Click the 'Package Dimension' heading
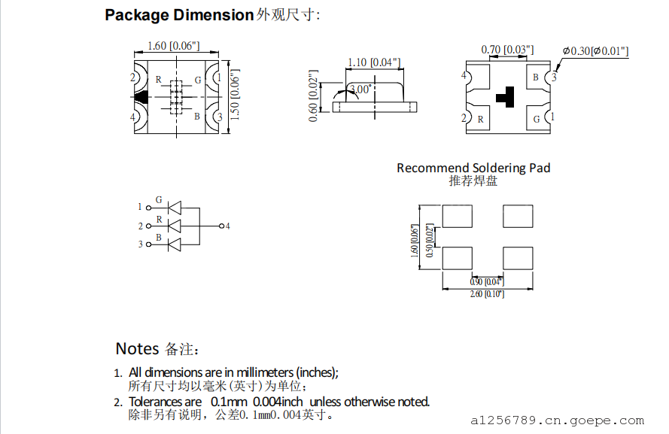(179, 15)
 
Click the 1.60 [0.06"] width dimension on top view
(173, 46)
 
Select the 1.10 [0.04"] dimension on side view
(373, 62)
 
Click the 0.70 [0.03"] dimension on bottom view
(507, 50)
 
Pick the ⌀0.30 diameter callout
(595, 51)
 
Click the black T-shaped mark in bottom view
(506, 96)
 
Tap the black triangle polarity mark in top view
(141, 97)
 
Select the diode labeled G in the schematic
(174, 207)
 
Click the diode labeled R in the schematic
(174, 226)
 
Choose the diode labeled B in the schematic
(174, 244)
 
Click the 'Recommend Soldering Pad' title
(473, 168)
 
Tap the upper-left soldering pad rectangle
(458, 217)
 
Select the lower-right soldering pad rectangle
(518, 258)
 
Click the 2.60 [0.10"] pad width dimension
(488, 294)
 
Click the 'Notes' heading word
(137, 349)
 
